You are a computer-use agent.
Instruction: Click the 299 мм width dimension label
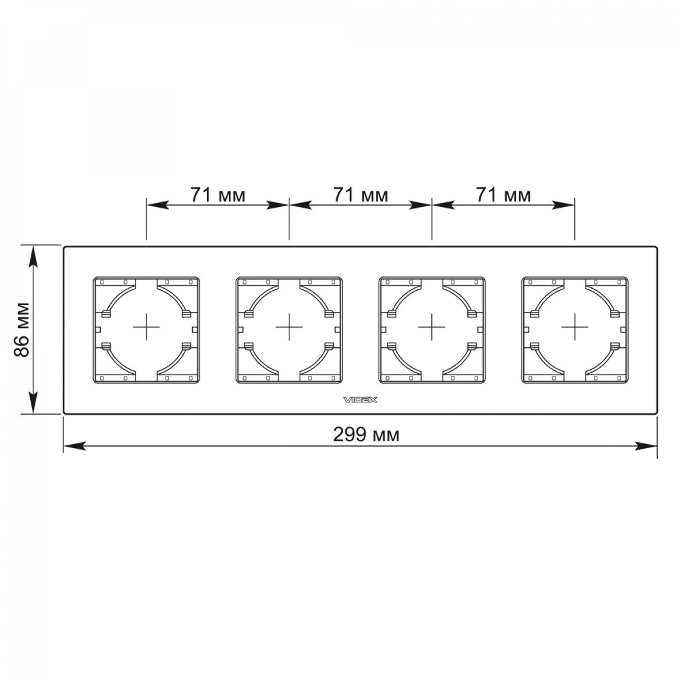point(366,434)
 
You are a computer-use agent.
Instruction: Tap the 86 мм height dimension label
point(22,329)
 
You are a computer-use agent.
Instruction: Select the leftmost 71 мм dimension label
point(218,195)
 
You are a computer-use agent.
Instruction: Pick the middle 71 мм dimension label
point(360,195)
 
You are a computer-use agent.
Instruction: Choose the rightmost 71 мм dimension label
point(503,195)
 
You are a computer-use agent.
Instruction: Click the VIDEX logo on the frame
point(360,400)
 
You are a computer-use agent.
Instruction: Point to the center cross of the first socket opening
point(146,327)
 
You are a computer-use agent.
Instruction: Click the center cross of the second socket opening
point(289,327)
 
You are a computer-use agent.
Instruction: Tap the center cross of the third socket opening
point(432,327)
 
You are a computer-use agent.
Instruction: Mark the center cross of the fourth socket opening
point(575,327)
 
